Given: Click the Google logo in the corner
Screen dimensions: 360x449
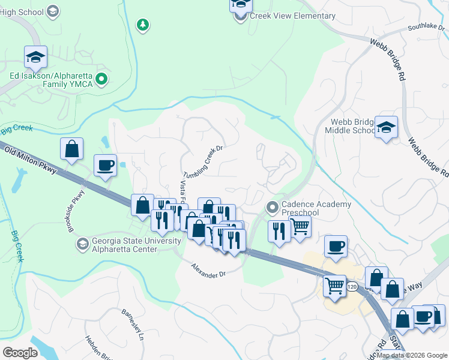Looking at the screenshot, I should tap(20, 352).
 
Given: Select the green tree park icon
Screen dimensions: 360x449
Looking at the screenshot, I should tap(143, 25).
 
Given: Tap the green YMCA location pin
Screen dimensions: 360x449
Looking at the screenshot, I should tap(101, 78).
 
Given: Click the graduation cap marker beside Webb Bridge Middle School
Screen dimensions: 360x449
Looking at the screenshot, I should tap(387, 127).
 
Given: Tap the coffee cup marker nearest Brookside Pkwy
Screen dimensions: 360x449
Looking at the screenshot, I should tap(106, 166).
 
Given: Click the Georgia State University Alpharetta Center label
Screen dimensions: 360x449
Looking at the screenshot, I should tap(136, 245).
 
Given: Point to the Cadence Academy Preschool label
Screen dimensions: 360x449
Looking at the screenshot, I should tap(316, 209).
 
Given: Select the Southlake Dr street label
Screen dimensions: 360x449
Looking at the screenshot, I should tap(424, 27).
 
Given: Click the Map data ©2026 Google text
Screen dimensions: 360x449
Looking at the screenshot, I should tap(412, 356).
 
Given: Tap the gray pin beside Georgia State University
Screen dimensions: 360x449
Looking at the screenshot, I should tap(83, 244).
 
